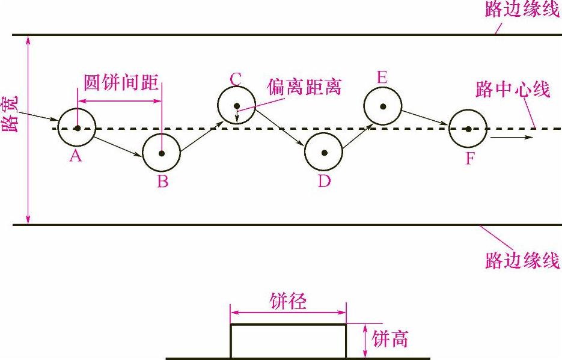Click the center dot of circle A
[x=77, y=128]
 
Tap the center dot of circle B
[x=161, y=153]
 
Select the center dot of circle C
[x=237, y=106]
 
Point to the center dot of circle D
[x=324, y=153]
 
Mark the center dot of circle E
[x=382, y=106]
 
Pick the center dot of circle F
[x=468, y=129]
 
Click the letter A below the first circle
[x=75, y=157]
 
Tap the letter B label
[x=162, y=182]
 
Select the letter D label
[x=325, y=181]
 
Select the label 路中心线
[x=512, y=90]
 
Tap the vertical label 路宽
[x=12, y=114]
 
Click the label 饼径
[x=287, y=301]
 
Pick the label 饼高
[x=390, y=339]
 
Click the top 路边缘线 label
[x=524, y=10]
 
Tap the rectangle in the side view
[x=288, y=341]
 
